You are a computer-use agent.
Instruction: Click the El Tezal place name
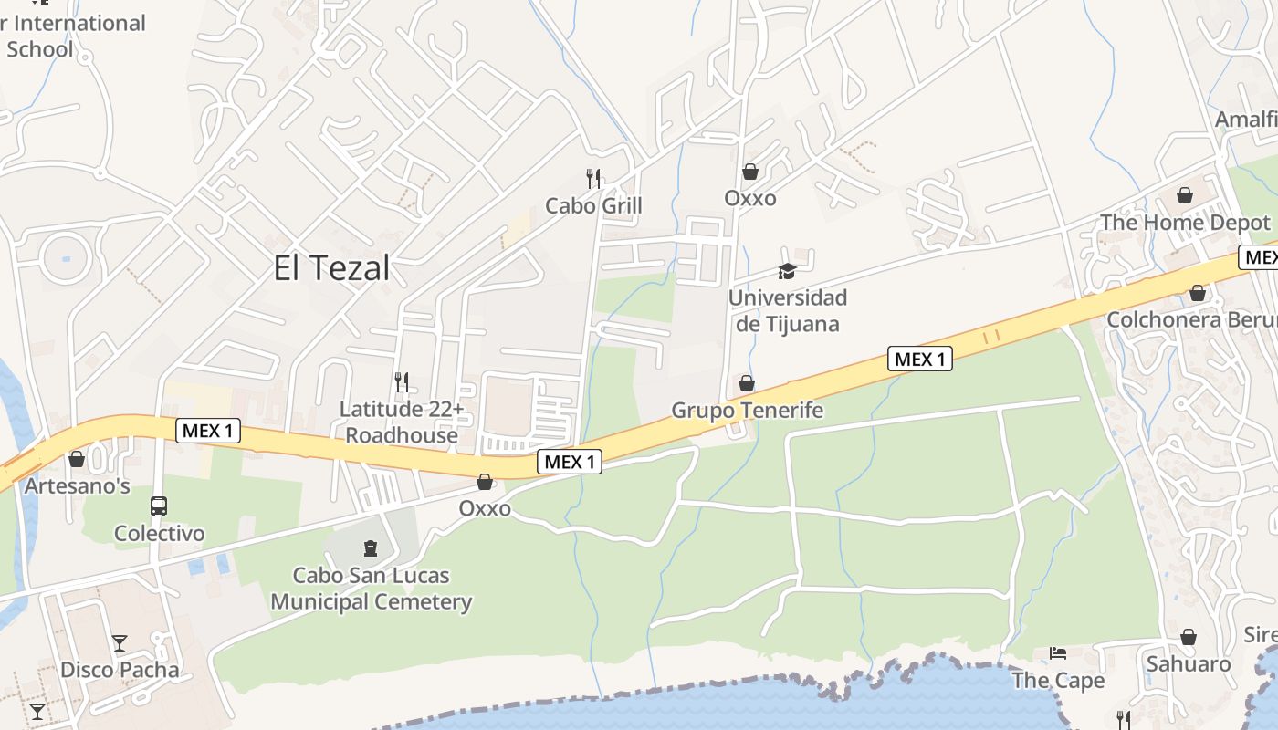click(x=331, y=268)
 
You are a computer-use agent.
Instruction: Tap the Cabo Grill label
click(x=593, y=205)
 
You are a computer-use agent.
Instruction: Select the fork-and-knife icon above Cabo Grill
click(x=593, y=178)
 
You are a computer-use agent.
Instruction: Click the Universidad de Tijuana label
click(x=787, y=310)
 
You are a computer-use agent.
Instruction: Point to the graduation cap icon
click(x=787, y=271)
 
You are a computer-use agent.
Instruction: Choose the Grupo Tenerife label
click(x=747, y=411)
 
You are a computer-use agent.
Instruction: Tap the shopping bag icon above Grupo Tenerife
click(x=747, y=383)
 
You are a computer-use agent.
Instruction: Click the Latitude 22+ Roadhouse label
click(x=402, y=422)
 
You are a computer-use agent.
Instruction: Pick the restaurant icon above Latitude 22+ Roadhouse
click(x=401, y=381)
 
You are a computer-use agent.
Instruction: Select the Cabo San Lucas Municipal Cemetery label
click(x=371, y=589)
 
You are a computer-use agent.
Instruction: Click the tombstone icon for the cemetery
click(x=370, y=548)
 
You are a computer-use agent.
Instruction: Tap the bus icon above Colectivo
click(x=159, y=506)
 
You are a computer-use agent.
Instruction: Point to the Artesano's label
click(x=77, y=485)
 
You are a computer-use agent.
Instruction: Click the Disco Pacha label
click(x=120, y=670)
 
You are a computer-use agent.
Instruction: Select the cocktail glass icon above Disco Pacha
click(x=120, y=642)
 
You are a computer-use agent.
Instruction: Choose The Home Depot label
click(x=1184, y=223)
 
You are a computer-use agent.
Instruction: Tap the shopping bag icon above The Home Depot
click(x=1185, y=195)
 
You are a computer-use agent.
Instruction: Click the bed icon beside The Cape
click(x=1058, y=653)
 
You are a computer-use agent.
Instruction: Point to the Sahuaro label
click(x=1188, y=663)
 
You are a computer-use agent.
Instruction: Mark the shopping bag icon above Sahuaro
click(x=1189, y=637)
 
